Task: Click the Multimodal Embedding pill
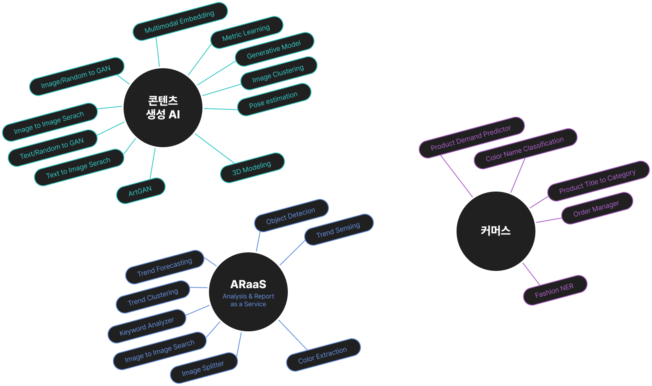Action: click(180, 22)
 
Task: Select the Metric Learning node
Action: click(246, 33)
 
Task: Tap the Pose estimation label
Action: click(274, 100)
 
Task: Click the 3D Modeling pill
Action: click(252, 168)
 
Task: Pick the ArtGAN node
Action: click(140, 191)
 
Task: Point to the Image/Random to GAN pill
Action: click(76, 77)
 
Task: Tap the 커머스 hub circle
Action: click(496, 231)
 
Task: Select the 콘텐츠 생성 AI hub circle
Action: click(163, 107)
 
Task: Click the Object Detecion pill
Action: click(291, 216)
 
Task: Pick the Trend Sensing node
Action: click(338, 230)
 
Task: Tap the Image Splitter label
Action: click(204, 368)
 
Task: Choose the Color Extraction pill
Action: click(323, 355)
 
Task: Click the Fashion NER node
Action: click(555, 290)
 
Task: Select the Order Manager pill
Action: click(597, 208)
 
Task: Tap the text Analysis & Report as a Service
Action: click(248, 300)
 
